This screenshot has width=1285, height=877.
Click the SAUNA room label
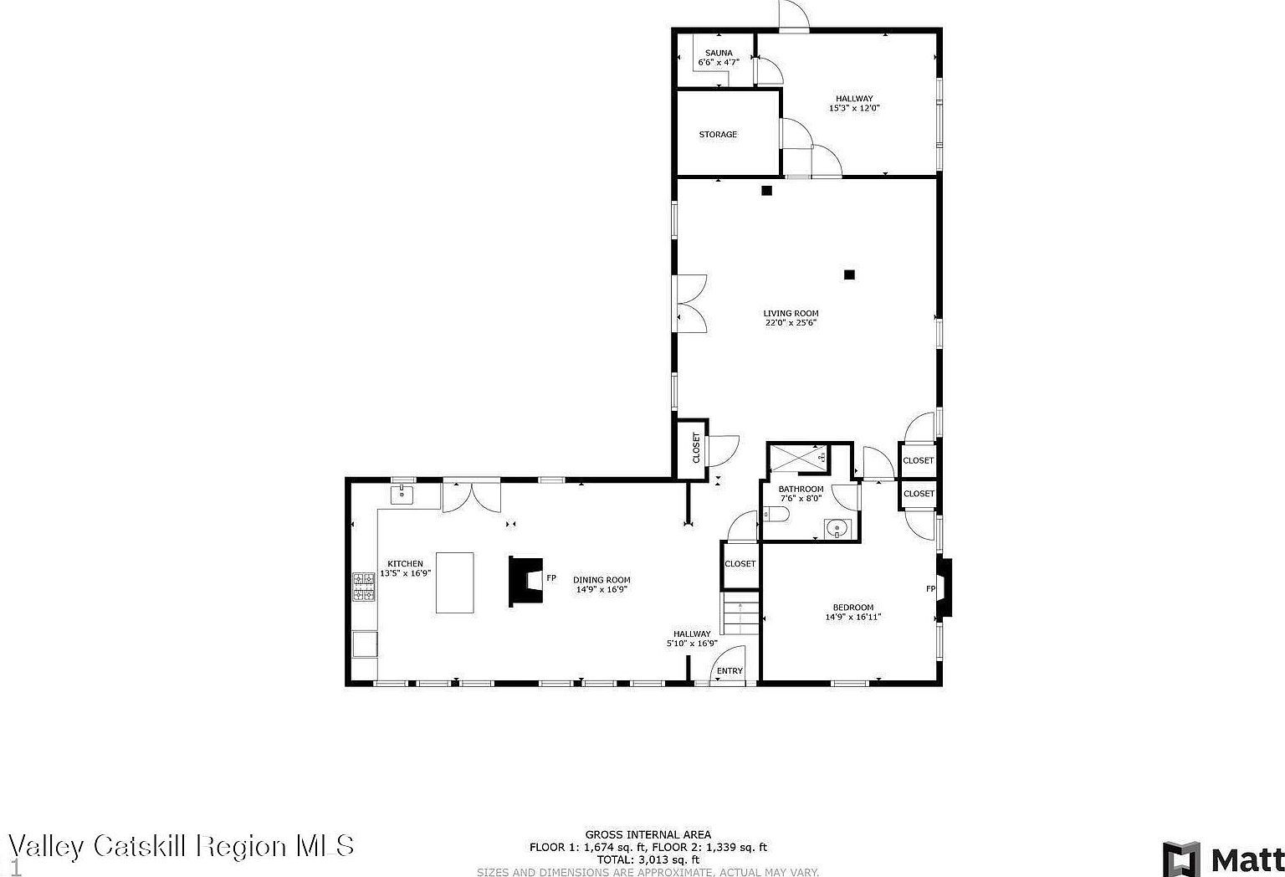point(718,53)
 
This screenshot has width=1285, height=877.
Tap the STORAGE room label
point(718,134)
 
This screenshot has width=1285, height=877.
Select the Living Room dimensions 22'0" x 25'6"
point(791,322)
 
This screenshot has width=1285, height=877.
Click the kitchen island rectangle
point(454,582)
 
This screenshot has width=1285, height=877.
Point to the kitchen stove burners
point(364,587)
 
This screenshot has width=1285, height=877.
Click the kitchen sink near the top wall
point(402,495)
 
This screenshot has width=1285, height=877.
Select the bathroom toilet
point(770,514)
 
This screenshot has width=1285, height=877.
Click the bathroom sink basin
point(836,529)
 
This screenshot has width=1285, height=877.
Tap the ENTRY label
point(730,671)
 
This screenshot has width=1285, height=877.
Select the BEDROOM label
point(852,608)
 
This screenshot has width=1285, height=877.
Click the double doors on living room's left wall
point(690,303)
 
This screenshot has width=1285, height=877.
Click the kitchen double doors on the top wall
point(471,496)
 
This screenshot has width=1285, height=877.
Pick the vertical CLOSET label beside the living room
point(696,448)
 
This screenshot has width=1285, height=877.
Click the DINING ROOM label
point(602,580)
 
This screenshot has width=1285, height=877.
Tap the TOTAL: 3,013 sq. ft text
point(648,859)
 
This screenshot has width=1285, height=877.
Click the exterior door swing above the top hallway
point(793,15)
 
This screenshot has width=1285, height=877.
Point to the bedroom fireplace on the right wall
point(943,588)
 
